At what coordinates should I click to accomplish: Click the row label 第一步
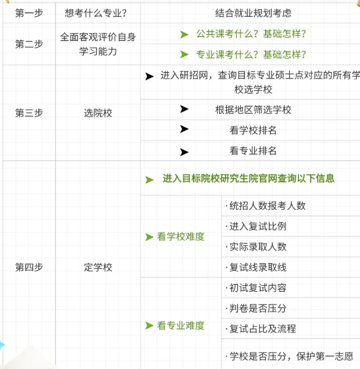point(29,13)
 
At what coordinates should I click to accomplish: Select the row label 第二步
point(29,44)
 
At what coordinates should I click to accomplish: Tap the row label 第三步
point(29,113)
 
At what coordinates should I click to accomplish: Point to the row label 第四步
point(29,267)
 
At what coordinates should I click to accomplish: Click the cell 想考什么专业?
point(96,13)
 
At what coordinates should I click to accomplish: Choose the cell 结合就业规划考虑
point(253,13)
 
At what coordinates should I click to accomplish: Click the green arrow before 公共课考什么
point(184,34)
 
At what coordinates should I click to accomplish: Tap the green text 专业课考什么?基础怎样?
point(251,55)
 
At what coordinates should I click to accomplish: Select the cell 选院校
point(98,113)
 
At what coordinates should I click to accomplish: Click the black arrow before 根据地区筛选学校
point(184,109)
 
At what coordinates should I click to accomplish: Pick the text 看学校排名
point(253,130)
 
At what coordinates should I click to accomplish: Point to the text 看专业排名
point(253,151)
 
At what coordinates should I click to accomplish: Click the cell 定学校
point(98,267)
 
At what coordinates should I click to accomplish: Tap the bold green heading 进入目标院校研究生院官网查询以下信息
point(248,178)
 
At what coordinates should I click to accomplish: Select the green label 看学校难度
point(181,236)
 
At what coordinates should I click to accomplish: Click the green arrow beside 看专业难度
point(149,325)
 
